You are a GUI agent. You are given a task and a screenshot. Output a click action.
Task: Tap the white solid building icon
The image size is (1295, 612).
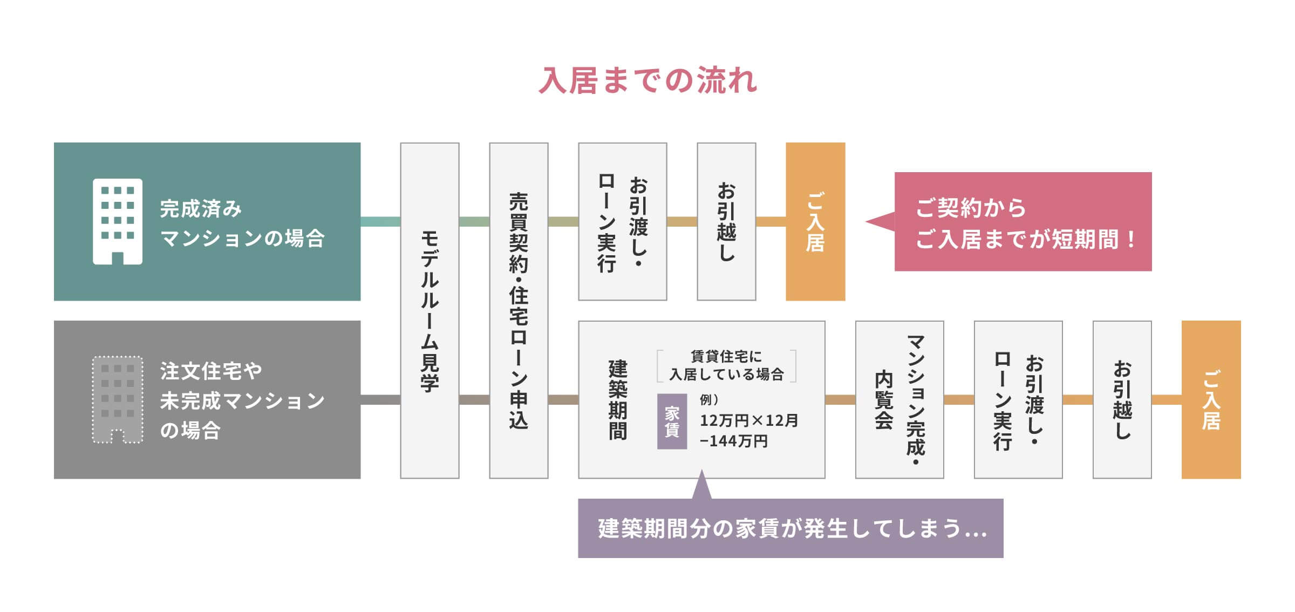[x=118, y=221]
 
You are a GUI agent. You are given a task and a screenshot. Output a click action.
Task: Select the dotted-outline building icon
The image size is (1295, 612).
[x=118, y=399]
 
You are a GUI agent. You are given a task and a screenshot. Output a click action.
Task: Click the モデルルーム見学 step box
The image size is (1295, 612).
[x=430, y=310]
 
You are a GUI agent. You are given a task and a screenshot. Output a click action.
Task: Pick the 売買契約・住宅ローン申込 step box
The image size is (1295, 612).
[x=519, y=310]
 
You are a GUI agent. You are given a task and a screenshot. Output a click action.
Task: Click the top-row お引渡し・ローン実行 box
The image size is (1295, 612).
[x=622, y=221]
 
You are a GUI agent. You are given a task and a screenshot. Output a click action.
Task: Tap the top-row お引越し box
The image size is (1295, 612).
[x=726, y=221]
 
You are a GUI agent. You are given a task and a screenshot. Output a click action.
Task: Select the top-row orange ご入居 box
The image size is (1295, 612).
[x=815, y=221]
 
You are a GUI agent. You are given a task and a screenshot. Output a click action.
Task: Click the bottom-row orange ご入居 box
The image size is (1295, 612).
[x=1211, y=399]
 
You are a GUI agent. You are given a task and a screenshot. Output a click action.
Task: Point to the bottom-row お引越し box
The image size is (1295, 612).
[x=1122, y=399]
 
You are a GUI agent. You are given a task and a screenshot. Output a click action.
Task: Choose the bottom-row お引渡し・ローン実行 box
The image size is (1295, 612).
[x=1018, y=399]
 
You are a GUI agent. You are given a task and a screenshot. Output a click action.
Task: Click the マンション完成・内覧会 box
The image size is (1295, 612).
[x=899, y=399]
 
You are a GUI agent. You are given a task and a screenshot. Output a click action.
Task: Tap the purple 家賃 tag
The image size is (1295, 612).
[x=672, y=421]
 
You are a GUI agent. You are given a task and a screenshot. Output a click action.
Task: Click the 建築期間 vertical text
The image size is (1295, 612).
[x=618, y=399]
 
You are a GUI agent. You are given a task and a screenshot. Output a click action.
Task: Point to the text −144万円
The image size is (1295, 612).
[x=733, y=441]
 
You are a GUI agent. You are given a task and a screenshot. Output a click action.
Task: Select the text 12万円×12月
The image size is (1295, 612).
[x=749, y=420]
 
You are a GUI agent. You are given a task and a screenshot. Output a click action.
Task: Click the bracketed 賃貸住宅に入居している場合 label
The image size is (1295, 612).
[x=726, y=365]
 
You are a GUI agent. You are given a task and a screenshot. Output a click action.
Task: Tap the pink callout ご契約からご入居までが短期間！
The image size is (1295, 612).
[x=1023, y=221]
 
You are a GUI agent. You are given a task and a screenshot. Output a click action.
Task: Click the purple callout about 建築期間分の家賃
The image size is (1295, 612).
[x=790, y=528]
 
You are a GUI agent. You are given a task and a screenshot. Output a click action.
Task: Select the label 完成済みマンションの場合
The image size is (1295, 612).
[x=242, y=223]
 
